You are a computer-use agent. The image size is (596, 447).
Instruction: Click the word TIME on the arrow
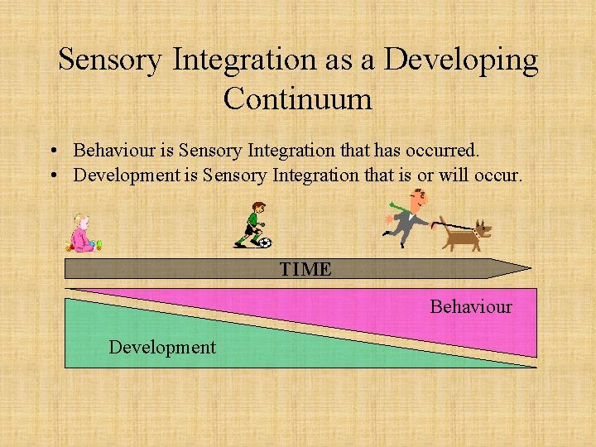pos(305,269)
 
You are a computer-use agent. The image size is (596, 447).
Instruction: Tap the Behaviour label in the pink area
pos(470,306)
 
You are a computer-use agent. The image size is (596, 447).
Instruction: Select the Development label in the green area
pos(161,347)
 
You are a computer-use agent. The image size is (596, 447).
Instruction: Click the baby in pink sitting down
pos(82,234)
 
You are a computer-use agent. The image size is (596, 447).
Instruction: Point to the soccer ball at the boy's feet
pos(263,243)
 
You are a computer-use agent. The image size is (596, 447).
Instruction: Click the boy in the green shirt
pos(253,223)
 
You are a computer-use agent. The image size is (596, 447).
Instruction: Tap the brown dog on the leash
pos(466,233)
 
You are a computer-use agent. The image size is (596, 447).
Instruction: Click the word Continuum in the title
pos(298,99)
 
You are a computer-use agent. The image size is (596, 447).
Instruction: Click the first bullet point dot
pos(52,152)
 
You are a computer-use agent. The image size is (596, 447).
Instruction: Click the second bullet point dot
pos(52,176)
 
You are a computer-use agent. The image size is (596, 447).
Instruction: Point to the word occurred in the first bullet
pos(447,151)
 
